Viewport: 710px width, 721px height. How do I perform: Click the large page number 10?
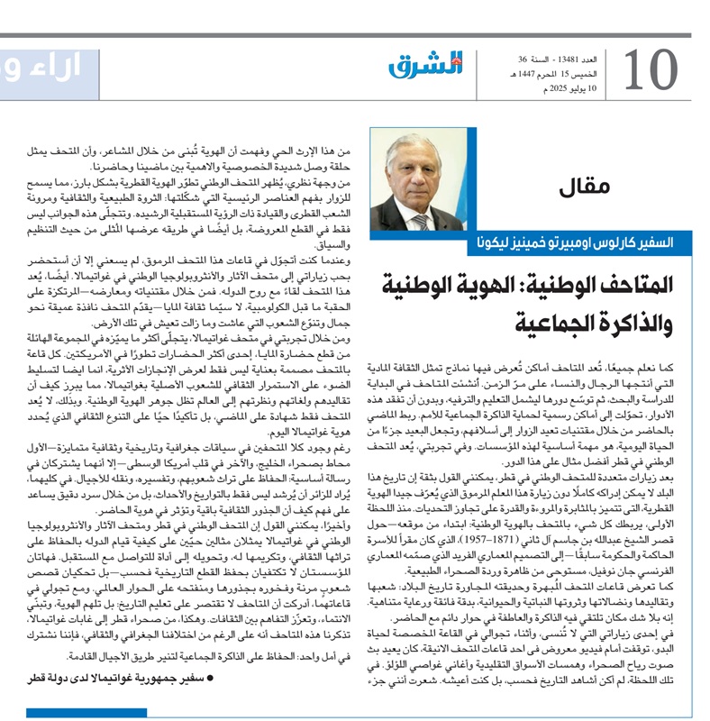(650, 71)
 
